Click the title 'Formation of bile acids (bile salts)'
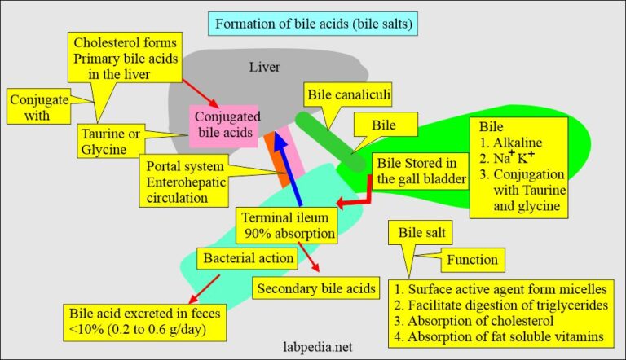click(312, 24)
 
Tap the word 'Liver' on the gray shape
click(265, 67)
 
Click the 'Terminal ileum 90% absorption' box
click(287, 224)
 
